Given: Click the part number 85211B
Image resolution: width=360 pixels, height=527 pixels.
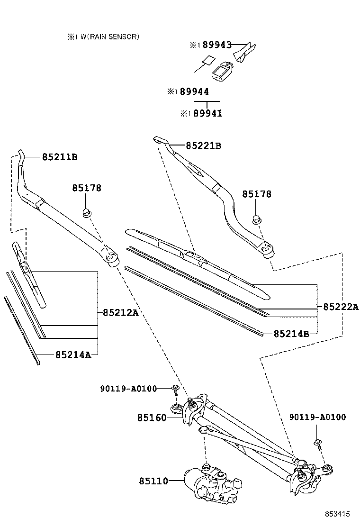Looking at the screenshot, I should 60,157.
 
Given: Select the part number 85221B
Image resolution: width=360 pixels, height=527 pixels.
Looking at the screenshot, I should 203,146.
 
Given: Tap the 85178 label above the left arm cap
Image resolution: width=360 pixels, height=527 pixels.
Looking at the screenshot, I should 87,188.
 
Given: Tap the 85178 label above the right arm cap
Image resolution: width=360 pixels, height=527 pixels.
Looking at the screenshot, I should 257,194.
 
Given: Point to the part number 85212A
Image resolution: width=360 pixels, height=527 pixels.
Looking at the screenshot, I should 120,312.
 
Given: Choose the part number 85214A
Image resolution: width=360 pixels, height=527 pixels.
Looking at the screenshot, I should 73,354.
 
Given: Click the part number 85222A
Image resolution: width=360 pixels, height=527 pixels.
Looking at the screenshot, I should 341,307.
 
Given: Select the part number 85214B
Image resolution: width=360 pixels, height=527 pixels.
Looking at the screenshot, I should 291,334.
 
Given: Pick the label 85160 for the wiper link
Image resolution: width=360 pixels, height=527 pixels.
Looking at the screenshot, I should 152,418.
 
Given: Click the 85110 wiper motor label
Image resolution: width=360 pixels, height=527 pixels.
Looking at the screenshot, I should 153,481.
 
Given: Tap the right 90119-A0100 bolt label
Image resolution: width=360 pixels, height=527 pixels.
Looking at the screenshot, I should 317,417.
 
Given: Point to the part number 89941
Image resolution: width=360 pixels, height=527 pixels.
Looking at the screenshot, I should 207,114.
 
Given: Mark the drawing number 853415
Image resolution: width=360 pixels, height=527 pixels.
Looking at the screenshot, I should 337,514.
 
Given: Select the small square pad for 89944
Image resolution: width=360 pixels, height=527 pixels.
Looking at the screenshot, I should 207,60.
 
